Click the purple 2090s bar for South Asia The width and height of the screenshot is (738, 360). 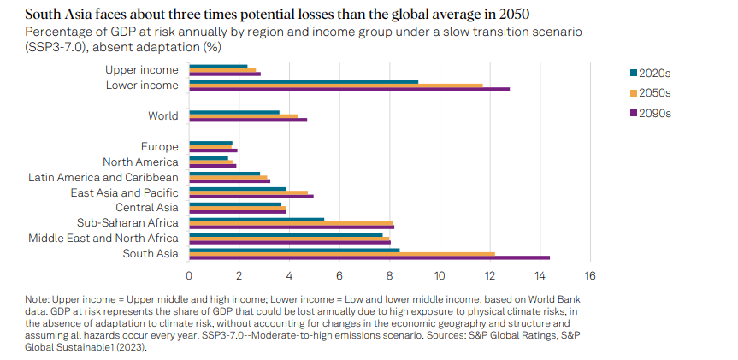pyautogui.click(x=369, y=257)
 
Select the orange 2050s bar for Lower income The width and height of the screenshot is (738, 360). pyautogui.click(x=336, y=85)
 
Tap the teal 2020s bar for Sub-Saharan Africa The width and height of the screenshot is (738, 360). pyautogui.click(x=257, y=219)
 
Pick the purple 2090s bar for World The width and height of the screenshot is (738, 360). pyautogui.click(x=248, y=120)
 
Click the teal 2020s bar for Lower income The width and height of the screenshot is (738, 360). pyautogui.click(x=304, y=81)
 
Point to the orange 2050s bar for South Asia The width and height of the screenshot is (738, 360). pyautogui.click(x=342, y=254)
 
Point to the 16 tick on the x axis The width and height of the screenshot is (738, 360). pyautogui.click(x=589, y=275)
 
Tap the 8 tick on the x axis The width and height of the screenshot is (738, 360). pyautogui.click(x=389, y=275)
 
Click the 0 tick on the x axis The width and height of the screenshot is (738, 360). pyautogui.click(x=189, y=275)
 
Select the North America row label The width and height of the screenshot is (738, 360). pyautogui.click(x=140, y=162)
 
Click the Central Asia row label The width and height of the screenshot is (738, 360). pyautogui.click(x=147, y=208)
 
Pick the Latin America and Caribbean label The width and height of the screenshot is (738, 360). pyautogui.click(x=103, y=177)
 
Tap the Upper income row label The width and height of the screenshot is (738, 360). pyautogui.click(x=142, y=69)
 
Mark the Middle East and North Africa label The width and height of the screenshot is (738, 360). pyautogui.click(x=103, y=239)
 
